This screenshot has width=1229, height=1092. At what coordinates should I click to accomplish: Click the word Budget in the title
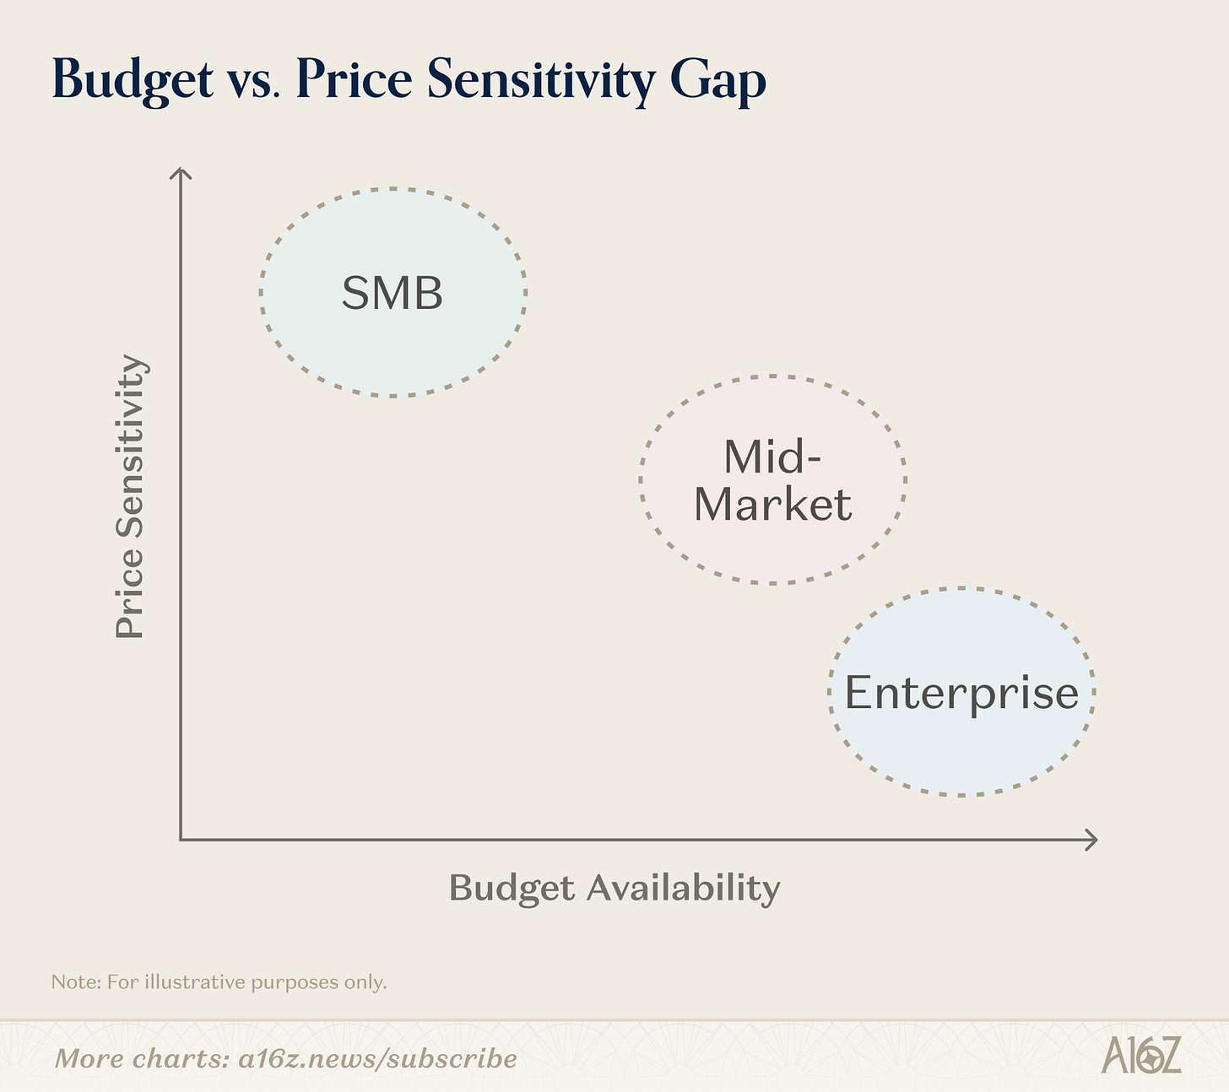[x=133, y=82]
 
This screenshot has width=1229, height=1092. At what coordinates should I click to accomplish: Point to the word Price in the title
[x=354, y=80]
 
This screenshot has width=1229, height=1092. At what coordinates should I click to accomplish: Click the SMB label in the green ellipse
[x=393, y=293]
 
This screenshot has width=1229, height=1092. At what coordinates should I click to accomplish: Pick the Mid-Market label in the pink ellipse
[x=772, y=480]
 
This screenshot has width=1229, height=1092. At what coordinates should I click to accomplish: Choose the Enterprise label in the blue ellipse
[x=961, y=693]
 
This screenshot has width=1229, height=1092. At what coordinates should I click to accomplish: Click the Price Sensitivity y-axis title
[x=131, y=496]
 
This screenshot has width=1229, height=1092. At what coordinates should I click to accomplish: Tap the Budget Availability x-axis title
[x=614, y=888]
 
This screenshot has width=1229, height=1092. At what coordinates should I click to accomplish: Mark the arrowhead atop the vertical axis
[x=181, y=172]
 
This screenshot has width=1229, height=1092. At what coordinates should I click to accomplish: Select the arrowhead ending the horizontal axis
[x=1092, y=840]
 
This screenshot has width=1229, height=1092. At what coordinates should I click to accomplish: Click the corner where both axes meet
[x=181, y=840]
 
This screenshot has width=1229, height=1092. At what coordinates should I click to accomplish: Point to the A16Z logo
[x=1140, y=1056]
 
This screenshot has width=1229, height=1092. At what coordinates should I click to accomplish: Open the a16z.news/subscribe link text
[x=377, y=1058]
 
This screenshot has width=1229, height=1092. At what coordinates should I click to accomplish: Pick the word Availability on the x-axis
[x=684, y=888]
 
